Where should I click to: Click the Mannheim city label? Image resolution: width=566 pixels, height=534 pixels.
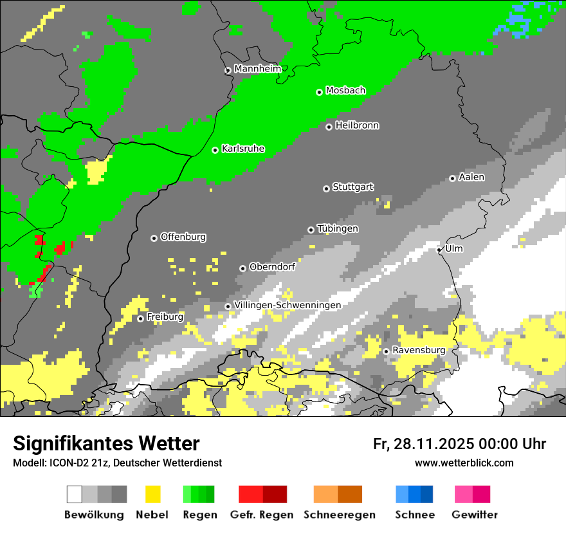(257, 69)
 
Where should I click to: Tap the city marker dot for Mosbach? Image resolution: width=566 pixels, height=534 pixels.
(319, 92)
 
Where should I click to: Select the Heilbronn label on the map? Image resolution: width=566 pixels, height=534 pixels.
(357, 125)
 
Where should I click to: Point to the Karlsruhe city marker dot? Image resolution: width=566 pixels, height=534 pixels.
(215, 150)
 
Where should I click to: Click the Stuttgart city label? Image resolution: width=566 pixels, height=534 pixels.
(352, 187)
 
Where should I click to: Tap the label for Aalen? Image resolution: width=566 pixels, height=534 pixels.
(471, 177)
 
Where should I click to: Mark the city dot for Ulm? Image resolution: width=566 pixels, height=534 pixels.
(439, 250)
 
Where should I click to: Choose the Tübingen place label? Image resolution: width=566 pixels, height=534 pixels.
(338, 229)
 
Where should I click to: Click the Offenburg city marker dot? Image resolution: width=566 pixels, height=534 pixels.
(154, 238)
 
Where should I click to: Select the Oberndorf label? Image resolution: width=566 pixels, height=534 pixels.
(272, 267)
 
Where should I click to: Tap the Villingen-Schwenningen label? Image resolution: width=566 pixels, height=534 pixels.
(288, 305)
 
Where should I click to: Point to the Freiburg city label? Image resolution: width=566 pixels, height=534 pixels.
(165, 317)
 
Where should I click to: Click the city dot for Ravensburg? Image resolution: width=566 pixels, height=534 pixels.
(386, 351)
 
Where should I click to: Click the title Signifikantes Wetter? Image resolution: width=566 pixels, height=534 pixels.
(106, 443)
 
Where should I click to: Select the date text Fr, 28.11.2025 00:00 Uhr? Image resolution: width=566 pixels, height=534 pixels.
(459, 444)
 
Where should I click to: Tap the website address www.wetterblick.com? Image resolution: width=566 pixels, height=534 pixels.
(464, 463)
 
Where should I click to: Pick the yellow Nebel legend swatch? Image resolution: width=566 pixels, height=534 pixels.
(152, 494)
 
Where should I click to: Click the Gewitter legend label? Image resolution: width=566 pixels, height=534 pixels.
(475, 515)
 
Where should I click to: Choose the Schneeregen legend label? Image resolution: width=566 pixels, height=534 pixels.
(340, 515)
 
